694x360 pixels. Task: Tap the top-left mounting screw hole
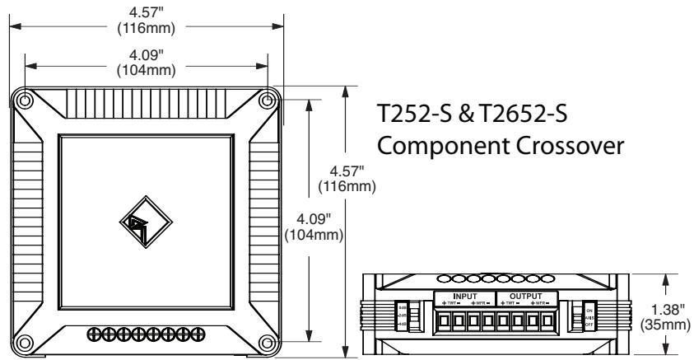26,101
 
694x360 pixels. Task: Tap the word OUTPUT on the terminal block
527,295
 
